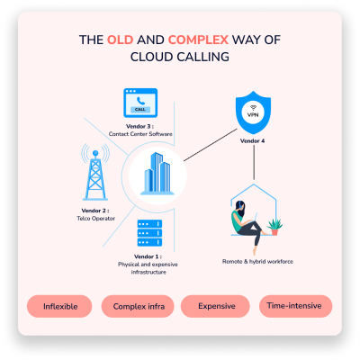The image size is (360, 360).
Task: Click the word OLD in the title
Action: click(x=121, y=40)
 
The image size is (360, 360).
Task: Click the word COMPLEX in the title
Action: click(x=198, y=40)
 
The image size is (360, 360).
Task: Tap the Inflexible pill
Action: click(x=59, y=306)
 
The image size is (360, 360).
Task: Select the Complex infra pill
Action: click(x=138, y=306)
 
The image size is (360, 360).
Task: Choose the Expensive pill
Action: click(x=215, y=306)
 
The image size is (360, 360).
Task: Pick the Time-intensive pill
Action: click(x=296, y=306)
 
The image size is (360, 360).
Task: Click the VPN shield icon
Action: click(x=253, y=112)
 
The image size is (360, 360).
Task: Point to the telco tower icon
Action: click(x=95, y=172)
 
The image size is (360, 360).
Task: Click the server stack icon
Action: click(x=149, y=233)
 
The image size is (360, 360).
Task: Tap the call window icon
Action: click(x=140, y=103)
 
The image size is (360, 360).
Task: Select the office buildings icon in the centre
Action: click(x=157, y=174)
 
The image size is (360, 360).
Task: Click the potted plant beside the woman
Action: click(x=274, y=227)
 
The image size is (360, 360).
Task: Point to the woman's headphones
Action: click(x=241, y=205)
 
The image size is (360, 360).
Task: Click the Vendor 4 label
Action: click(x=252, y=140)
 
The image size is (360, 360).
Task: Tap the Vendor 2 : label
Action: click(x=95, y=211)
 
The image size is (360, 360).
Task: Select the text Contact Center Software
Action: click(x=140, y=134)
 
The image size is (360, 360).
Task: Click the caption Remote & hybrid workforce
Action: click(x=257, y=262)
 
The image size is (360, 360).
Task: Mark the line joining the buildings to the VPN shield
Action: click(x=211, y=145)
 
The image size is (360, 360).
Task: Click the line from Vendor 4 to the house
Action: click(x=254, y=162)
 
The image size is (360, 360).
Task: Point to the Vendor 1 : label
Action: click(x=148, y=256)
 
